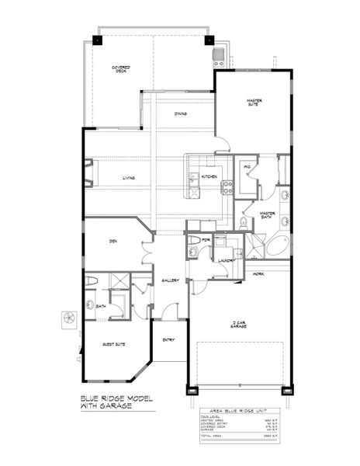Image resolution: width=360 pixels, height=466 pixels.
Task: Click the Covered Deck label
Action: [x=120, y=69]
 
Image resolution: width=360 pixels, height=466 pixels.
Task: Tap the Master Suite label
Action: [x=254, y=103]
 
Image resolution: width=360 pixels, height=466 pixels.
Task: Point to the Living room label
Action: [x=129, y=178]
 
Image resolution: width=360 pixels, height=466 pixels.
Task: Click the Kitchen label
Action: [x=209, y=177]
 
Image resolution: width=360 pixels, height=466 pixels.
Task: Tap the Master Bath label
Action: [x=268, y=214]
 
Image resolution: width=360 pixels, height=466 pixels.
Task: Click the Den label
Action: [x=112, y=242]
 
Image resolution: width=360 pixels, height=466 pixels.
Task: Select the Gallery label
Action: [x=171, y=280]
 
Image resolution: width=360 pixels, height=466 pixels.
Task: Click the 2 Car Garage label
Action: [x=237, y=324]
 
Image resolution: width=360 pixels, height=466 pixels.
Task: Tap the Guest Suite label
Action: [x=115, y=343]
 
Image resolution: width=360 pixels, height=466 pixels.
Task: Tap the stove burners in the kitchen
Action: [x=228, y=186]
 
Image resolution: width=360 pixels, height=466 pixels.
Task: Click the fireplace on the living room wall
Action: [x=88, y=173]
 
